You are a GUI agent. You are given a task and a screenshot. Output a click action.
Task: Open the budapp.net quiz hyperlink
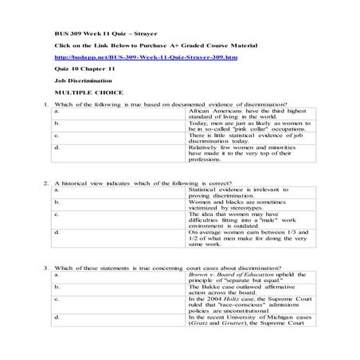pos(140,57)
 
